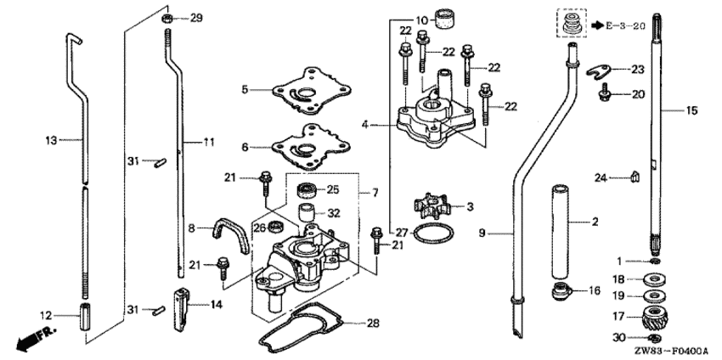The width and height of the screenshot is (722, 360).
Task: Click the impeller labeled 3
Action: (430, 206)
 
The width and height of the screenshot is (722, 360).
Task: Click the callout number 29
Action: (196, 18)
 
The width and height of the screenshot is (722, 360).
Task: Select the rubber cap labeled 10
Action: (443, 17)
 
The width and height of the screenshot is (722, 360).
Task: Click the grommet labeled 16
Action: (561, 293)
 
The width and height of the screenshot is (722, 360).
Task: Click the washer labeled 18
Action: (655, 278)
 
